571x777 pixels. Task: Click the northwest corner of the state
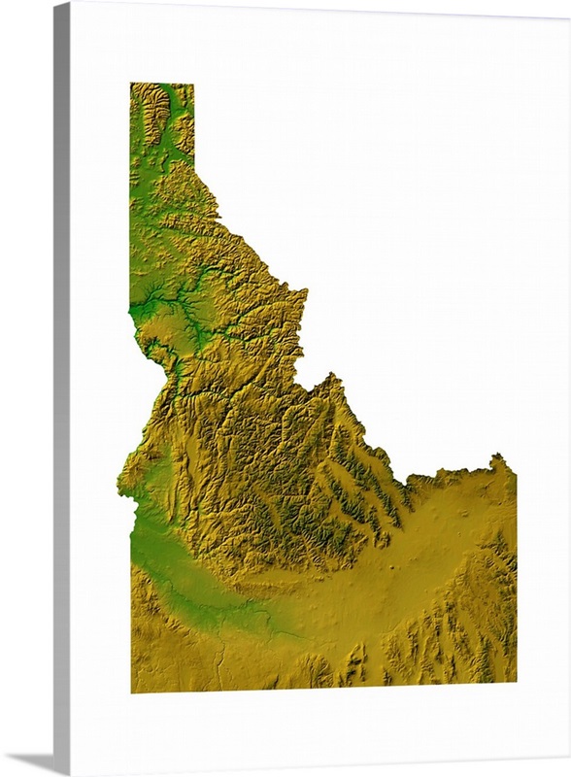(x=132, y=84)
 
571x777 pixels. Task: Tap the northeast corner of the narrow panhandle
(x=192, y=85)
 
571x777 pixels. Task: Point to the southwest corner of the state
(x=133, y=691)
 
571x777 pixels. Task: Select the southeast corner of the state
(x=515, y=683)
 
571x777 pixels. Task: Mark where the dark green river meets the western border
(x=131, y=308)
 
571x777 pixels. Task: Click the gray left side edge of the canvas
(x=61, y=388)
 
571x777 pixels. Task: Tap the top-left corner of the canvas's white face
(x=72, y=4)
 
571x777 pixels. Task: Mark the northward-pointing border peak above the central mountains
(x=335, y=375)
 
